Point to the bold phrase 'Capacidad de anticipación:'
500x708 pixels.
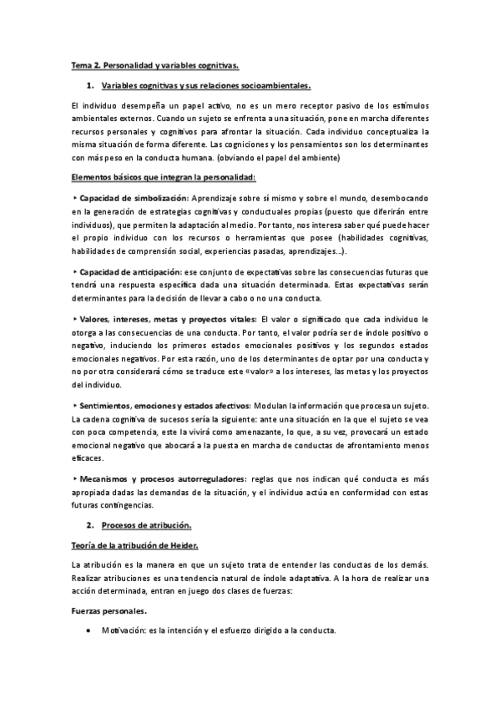130,272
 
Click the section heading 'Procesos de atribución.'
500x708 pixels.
147,525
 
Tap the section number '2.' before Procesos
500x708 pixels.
91,525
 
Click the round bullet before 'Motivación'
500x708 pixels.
88,630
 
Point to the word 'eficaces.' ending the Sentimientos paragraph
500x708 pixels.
88,458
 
